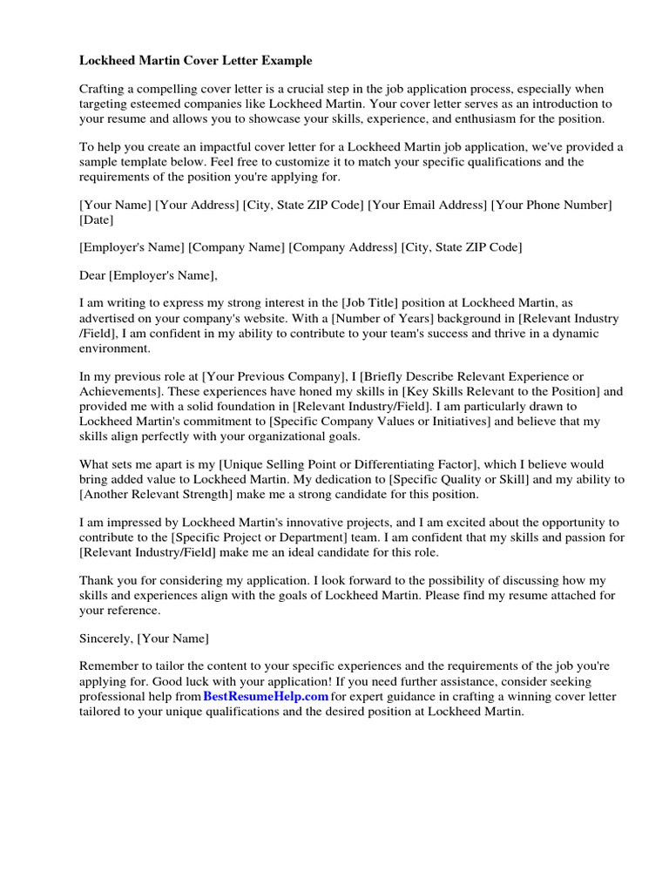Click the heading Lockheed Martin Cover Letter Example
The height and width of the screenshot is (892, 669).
(x=195, y=61)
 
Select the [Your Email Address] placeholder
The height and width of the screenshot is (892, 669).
(x=427, y=205)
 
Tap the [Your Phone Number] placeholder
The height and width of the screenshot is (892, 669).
(x=551, y=205)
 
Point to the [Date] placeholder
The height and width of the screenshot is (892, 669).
(x=97, y=220)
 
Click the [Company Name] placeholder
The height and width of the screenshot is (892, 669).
(x=236, y=247)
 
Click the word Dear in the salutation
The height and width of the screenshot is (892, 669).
(x=92, y=276)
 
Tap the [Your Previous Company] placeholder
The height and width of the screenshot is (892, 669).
(x=274, y=376)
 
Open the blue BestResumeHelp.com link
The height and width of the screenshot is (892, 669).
(x=266, y=697)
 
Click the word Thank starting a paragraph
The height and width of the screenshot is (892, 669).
(x=96, y=580)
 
